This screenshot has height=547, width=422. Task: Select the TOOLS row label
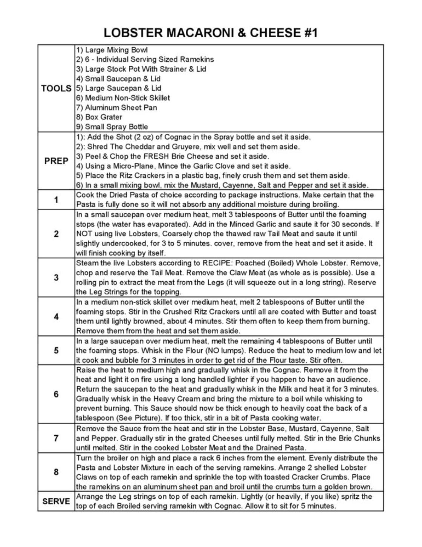56,89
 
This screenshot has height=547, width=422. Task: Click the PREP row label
56,161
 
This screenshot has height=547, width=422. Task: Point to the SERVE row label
56,501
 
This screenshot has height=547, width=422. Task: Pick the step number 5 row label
56,351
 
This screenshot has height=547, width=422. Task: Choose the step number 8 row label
56,472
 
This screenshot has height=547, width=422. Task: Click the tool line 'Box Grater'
99,117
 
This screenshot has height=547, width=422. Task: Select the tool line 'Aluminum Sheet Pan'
116,107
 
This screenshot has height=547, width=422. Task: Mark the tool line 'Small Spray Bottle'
112,127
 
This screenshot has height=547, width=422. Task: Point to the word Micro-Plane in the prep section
136,166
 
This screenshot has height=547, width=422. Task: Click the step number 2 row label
56,234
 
